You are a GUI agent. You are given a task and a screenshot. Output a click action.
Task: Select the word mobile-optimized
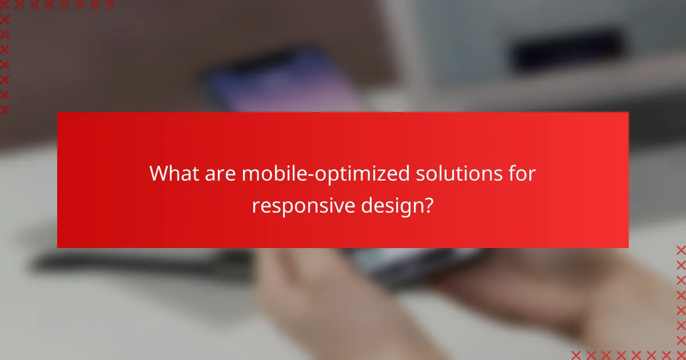click(x=325, y=174)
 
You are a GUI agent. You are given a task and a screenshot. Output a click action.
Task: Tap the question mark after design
click(x=428, y=206)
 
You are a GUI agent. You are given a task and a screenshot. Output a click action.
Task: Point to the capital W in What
click(x=159, y=174)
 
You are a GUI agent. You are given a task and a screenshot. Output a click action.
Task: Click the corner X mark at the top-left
click(x=5, y=5)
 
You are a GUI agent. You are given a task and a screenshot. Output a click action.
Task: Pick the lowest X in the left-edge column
click(x=5, y=109)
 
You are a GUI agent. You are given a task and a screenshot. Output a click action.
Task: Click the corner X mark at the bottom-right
click(x=681, y=355)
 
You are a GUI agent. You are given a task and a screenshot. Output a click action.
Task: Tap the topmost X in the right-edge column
click(x=681, y=250)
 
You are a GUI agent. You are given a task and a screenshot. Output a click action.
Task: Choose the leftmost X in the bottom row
click(x=576, y=355)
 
